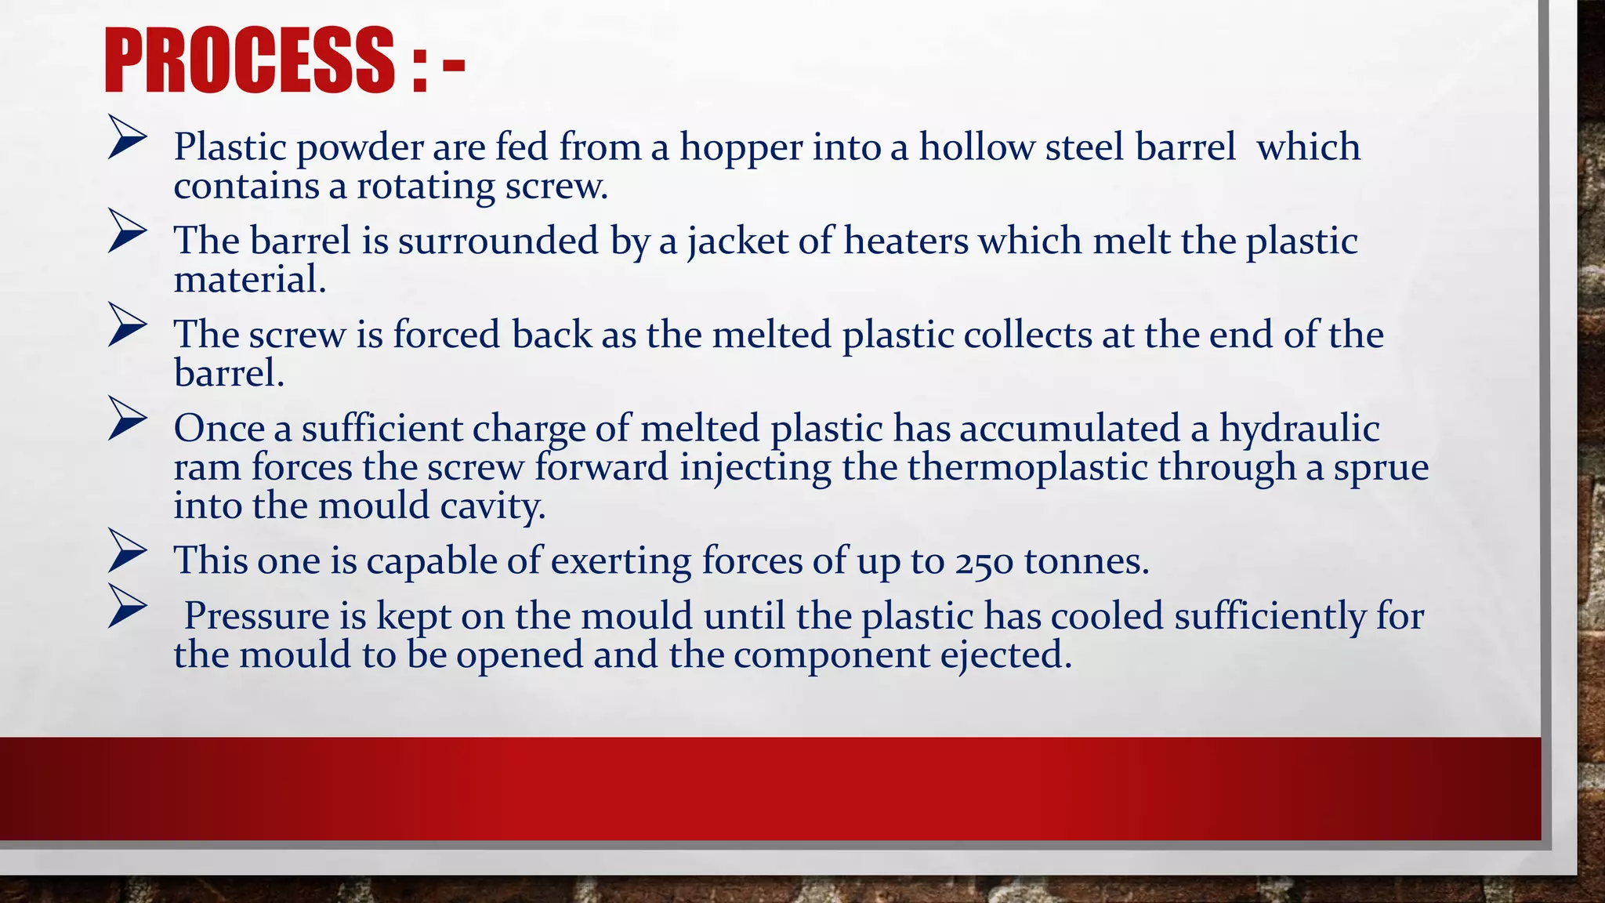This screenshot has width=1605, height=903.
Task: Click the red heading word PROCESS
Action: [249, 61]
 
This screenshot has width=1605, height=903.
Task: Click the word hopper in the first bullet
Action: [741, 147]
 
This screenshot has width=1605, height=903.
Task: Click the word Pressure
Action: [256, 616]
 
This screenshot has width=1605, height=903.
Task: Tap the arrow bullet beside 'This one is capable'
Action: [127, 551]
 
